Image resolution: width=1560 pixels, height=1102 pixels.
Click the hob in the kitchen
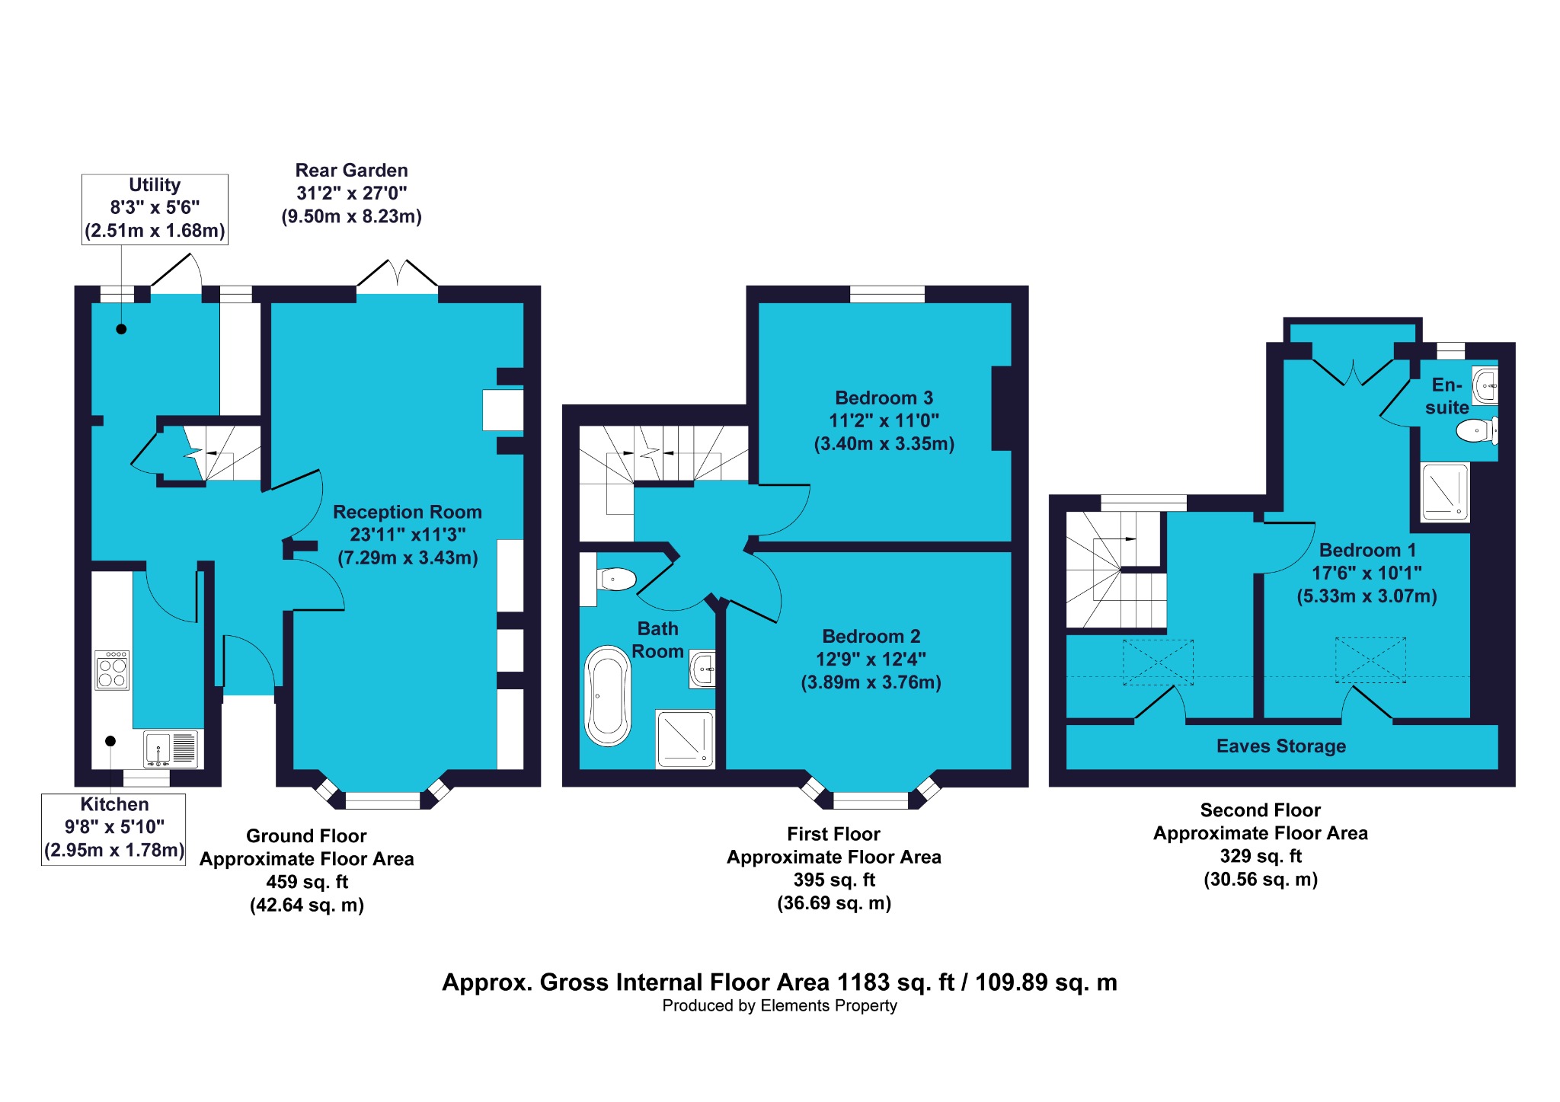(x=112, y=670)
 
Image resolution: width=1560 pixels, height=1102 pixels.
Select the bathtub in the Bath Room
(x=607, y=696)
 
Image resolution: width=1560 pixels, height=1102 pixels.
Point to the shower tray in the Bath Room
(x=685, y=739)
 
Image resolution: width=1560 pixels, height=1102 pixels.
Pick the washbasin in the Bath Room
(x=702, y=669)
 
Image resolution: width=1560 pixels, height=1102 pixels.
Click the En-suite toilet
(x=1477, y=430)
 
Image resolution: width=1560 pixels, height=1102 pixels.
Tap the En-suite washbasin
(x=1485, y=386)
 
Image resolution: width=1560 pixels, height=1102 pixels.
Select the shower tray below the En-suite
(x=1445, y=492)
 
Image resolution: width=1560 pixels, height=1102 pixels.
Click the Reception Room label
(x=408, y=512)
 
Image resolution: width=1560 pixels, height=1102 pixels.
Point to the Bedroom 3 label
(x=884, y=398)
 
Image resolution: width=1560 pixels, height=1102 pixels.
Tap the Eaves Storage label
(x=1281, y=746)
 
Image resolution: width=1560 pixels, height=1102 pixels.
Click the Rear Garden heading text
(x=351, y=170)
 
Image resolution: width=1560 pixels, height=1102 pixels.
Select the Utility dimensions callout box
(x=155, y=209)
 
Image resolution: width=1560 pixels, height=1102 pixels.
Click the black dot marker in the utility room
(x=121, y=329)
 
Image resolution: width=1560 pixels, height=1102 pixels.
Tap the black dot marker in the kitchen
(x=110, y=741)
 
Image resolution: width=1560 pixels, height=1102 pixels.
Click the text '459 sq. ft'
(x=307, y=882)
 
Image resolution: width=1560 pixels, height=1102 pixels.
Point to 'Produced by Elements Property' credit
(x=780, y=1005)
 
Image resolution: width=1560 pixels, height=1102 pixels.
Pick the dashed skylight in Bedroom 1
(x=1370, y=660)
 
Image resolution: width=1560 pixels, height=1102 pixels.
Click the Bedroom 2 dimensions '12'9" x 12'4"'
(x=871, y=659)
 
